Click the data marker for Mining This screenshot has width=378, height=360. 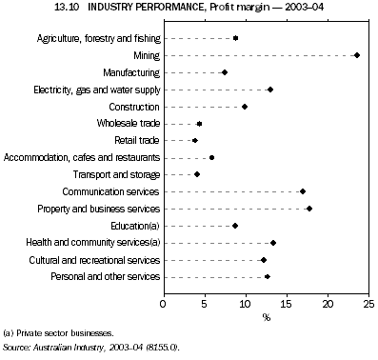click(357, 55)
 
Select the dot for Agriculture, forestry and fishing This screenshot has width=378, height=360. click(236, 38)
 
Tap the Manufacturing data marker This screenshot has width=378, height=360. click(225, 72)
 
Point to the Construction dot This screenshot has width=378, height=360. click(245, 107)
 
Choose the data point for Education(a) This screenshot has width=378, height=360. click(235, 226)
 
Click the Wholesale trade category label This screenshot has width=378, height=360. click(127, 124)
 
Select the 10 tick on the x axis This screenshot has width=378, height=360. click(246, 304)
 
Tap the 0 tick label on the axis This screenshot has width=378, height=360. click(164, 304)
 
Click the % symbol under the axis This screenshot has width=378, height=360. click(267, 316)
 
